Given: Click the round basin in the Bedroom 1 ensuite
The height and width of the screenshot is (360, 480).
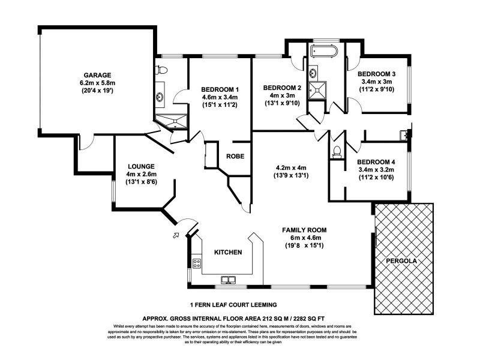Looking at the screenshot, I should tap(160, 96).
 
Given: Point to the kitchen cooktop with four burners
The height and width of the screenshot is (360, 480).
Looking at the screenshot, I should tap(196, 262).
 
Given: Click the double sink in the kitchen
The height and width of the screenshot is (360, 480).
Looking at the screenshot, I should tap(228, 278).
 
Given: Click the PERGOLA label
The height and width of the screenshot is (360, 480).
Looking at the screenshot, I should tap(401, 261).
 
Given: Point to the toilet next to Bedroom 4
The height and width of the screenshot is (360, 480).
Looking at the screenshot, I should tap(337, 151).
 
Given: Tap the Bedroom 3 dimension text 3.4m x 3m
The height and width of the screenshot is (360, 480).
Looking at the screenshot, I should tap(376, 81).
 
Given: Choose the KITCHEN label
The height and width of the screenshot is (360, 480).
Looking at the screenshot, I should tap(228, 253).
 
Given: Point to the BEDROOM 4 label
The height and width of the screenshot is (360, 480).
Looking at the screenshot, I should tap(376, 162).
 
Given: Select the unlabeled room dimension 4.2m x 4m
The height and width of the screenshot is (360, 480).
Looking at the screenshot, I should tap(291, 168).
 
